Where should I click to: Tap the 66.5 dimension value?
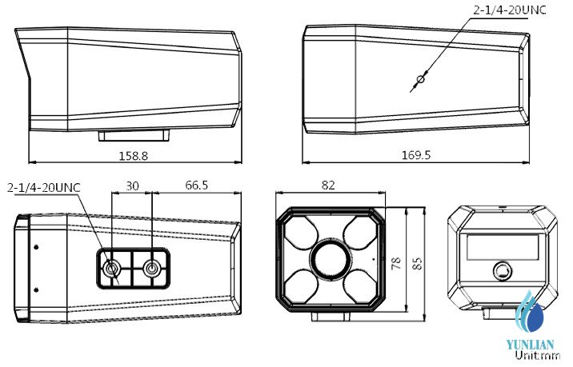(197, 185)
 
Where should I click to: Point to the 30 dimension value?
(132, 185)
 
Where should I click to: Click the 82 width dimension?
(328, 185)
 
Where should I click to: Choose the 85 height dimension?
(416, 264)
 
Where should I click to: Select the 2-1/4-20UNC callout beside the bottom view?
(44, 188)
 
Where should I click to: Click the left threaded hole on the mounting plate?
(113, 268)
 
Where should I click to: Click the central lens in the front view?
(329, 259)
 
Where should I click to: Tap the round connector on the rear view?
(503, 271)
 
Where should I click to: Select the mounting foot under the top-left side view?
(133, 135)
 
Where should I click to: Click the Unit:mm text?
(533, 357)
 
